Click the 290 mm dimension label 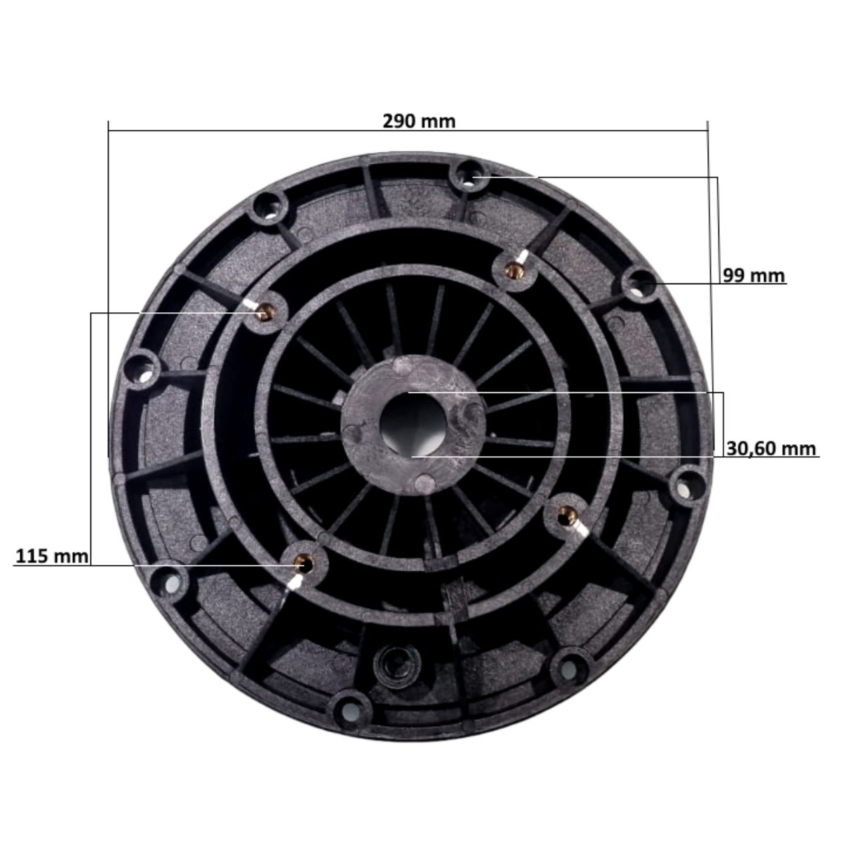(419, 121)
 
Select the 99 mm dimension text (754, 276)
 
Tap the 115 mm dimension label (51, 556)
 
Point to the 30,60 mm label (771, 448)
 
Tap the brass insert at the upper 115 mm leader (265, 312)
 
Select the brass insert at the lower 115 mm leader (303, 564)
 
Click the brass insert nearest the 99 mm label (515, 271)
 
